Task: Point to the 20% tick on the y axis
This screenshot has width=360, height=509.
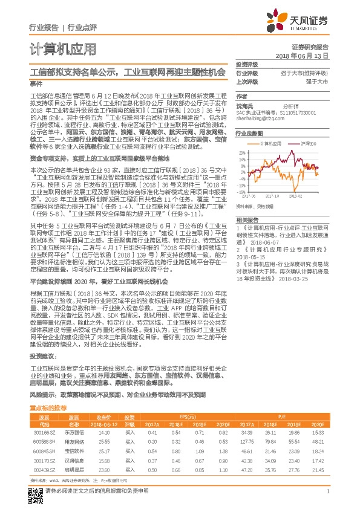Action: [242, 153]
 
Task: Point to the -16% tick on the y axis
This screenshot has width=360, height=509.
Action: [242, 192]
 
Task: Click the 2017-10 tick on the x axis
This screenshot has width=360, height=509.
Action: [273, 196]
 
